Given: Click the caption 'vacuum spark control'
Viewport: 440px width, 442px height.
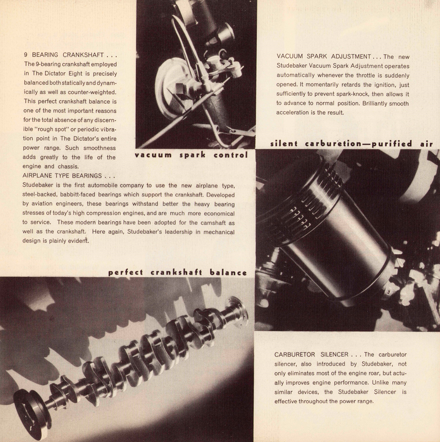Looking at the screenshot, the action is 191,155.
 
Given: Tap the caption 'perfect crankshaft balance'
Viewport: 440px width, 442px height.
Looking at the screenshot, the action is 177,273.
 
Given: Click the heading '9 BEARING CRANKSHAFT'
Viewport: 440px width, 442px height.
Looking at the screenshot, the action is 64,55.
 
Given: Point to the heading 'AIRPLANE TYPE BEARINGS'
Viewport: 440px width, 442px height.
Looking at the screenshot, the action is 62,176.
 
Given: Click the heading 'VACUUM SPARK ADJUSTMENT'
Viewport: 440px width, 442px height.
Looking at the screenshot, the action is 324,56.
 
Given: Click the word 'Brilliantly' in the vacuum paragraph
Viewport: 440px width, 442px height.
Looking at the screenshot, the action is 375,104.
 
